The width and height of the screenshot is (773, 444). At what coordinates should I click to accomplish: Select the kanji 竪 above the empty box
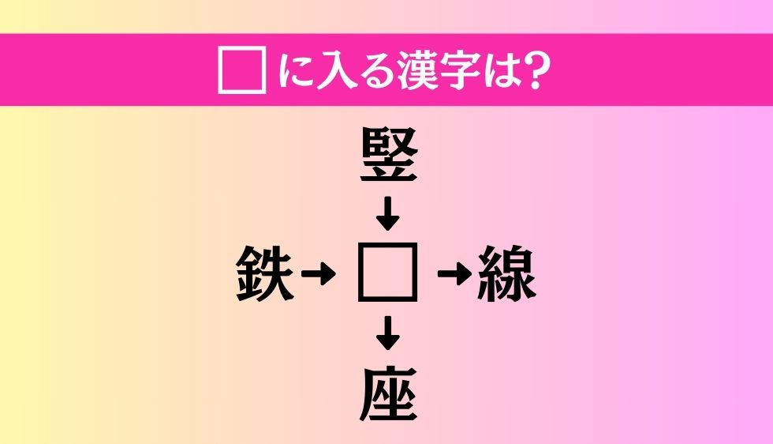(x=387, y=159)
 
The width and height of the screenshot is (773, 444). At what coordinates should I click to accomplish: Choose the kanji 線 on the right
(x=506, y=275)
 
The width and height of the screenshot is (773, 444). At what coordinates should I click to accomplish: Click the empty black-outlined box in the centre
(x=387, y=273)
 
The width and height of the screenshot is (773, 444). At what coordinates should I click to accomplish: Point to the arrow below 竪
(x=387, y=213)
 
